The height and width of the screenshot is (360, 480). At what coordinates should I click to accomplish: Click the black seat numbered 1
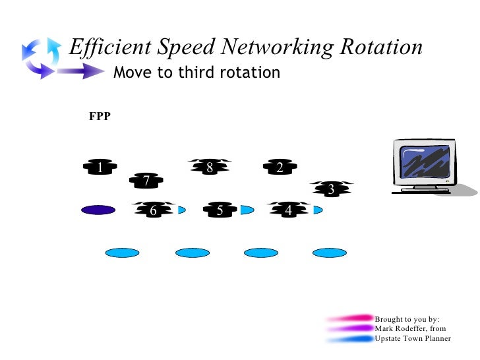point(100,168)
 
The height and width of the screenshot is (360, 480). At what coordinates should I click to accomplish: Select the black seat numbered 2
point(280,168)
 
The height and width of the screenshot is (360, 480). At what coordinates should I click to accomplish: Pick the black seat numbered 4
point(288,210)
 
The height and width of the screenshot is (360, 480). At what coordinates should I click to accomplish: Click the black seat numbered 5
point(220,210)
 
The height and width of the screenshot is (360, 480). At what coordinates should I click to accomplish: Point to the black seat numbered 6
point(154,210)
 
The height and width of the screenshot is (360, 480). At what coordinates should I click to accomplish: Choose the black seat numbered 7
point(146,180)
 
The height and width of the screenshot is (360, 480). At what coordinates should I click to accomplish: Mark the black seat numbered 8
point(210,167)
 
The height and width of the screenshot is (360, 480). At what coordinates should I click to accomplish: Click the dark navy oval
point(98,210)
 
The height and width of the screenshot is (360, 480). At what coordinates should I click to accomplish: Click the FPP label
point(100,117)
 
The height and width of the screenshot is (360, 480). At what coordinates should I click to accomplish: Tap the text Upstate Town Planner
point(413,338)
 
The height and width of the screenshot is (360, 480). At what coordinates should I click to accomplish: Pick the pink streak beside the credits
point(349,318)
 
